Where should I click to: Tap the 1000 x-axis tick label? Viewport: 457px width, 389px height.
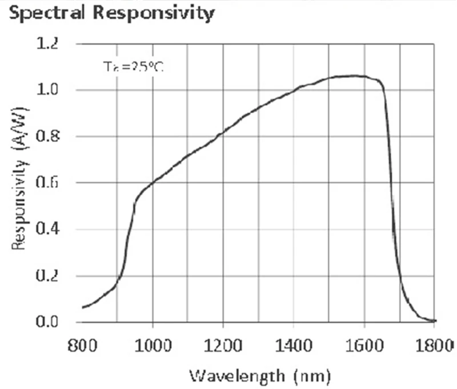152,345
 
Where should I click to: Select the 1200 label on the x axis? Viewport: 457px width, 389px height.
223,345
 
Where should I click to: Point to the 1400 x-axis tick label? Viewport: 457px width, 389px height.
294,345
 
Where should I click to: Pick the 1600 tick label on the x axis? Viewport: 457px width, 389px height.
364,345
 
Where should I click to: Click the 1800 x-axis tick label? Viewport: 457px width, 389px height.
435,345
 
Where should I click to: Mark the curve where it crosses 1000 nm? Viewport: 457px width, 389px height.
153,182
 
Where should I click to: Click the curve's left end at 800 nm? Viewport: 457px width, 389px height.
83,308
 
